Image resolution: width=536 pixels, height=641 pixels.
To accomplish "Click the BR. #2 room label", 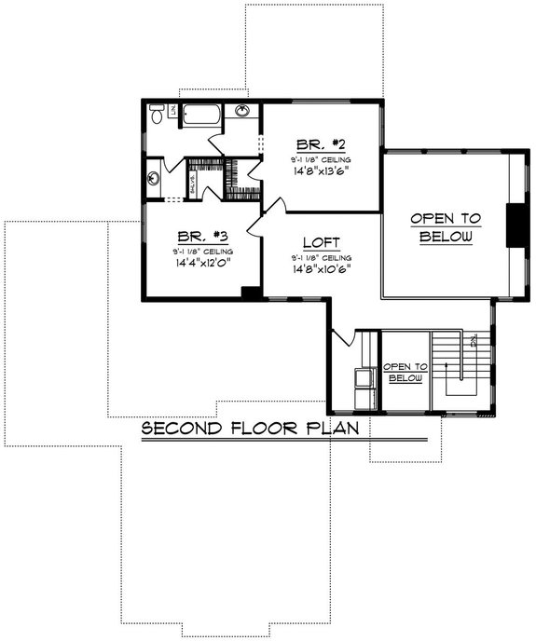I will coord(322,144).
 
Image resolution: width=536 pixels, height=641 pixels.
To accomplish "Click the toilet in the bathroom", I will coord(158,115).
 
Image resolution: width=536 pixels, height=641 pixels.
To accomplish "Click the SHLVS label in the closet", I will coord(193,182).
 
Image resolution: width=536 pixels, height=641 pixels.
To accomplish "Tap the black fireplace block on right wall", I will coord(513,225).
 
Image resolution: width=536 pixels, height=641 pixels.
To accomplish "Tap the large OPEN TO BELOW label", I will coord(446,227).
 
